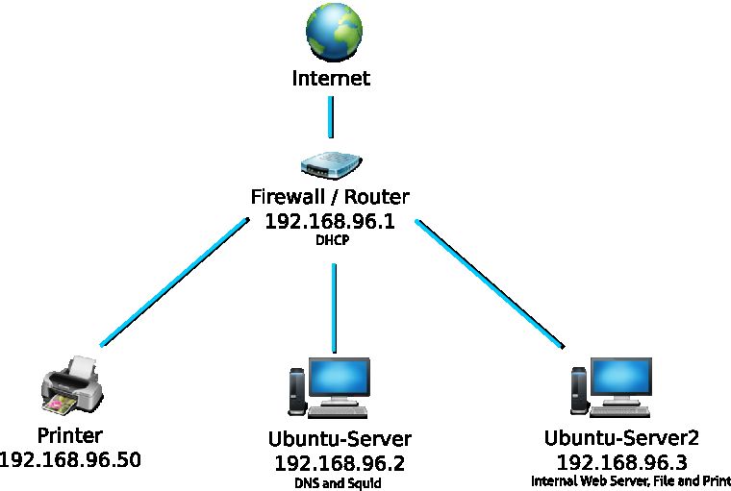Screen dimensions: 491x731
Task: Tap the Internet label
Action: tap(331, 78)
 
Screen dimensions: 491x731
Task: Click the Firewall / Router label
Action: tap(330, 197)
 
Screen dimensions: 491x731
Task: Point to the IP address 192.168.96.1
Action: tap(330, 221)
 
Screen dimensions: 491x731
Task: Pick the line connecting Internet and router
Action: tap(331, 116)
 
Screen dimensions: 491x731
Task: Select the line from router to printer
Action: tap(173, 282)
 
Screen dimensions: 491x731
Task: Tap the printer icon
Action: tap(71, 385)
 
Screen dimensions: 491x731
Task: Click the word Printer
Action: tap(69, 435)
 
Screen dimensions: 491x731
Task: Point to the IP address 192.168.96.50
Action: tap(69, 459)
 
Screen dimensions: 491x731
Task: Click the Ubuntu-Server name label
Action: tap(340, 439)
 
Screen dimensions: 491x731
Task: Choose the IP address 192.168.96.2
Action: tap(340, 464)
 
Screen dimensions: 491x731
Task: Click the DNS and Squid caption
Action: tap(340, 483)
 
